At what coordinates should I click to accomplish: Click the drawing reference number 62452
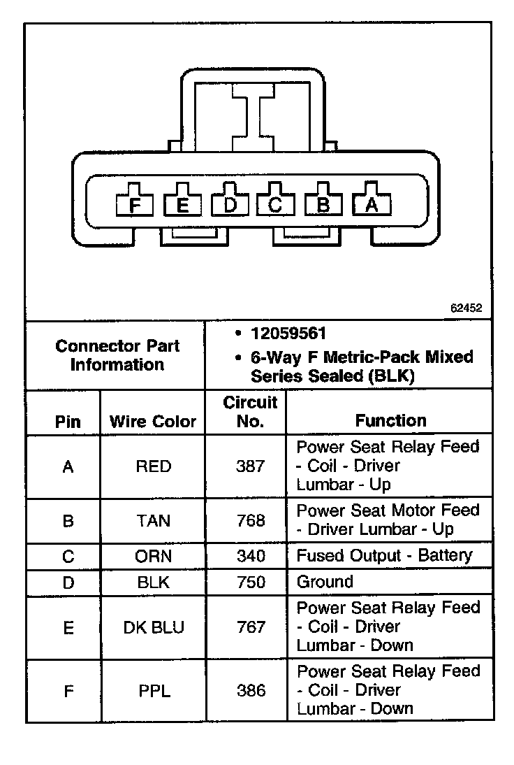click(466, 307)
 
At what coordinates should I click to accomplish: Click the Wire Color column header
click(153, 422)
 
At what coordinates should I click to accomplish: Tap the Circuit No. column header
click(250, 412)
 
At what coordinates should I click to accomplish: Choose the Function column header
click(390, 420)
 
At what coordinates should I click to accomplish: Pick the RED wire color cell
click(153, 466)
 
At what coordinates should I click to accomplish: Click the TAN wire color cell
click(153, 521)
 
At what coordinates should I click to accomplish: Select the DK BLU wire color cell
click(153, 627)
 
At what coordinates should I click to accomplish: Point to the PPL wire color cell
click(153, 691)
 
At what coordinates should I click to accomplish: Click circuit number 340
click(251, 557)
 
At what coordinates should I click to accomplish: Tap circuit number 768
click(251, 521)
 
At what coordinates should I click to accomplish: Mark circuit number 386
click(251, 691)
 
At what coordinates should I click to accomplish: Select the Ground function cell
click(325, 582)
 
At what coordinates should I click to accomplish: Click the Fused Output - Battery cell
click(384, 556)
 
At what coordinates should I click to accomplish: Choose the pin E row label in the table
click(68, 627)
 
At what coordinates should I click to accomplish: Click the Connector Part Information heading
click(117, 355)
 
